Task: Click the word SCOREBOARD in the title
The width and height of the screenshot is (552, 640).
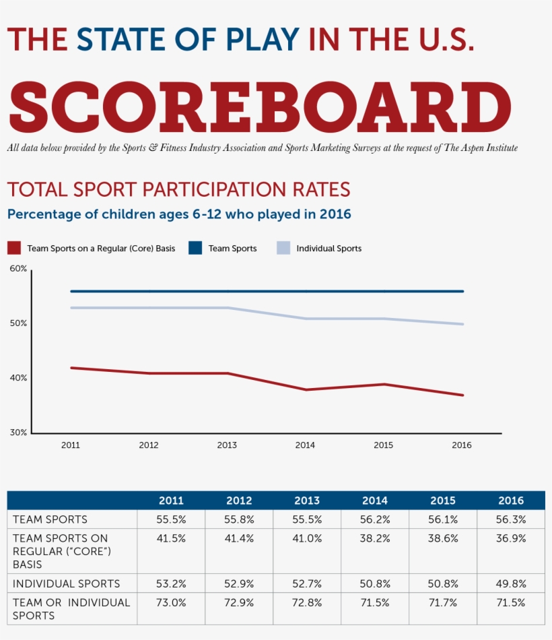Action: pos(259,108)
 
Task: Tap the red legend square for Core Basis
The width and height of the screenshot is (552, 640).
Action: pos(13,248)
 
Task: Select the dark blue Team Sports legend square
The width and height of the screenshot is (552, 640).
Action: pos(195,248)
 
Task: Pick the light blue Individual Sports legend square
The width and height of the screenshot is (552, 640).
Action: pos(283,248)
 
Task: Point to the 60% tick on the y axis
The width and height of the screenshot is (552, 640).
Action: pos(18,269)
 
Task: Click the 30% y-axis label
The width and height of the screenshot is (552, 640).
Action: pos(18,433)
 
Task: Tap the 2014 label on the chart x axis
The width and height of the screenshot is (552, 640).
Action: pos(305,445)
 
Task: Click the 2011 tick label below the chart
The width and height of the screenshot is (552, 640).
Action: pos(71,445)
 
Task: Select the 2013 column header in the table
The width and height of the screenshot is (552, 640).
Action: pos(307,501)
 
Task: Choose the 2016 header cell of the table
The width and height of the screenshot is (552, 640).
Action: pos(511,501)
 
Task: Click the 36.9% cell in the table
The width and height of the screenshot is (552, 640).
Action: pos(511,538)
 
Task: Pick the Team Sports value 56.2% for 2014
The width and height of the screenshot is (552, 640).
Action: pos(375,519)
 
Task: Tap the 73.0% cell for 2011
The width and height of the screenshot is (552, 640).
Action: pos(171,602)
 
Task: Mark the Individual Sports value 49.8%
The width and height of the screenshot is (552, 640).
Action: pos(511,583)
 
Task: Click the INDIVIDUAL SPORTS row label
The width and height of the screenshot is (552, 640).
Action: pos(66,583)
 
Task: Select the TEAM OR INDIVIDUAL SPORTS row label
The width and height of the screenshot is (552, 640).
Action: pos(71,608)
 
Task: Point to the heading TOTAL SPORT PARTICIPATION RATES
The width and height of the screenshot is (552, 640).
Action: pos(178,189)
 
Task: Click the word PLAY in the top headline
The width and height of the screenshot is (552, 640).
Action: pos(263,39)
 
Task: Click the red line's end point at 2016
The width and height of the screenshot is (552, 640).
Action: pos(462,395)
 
